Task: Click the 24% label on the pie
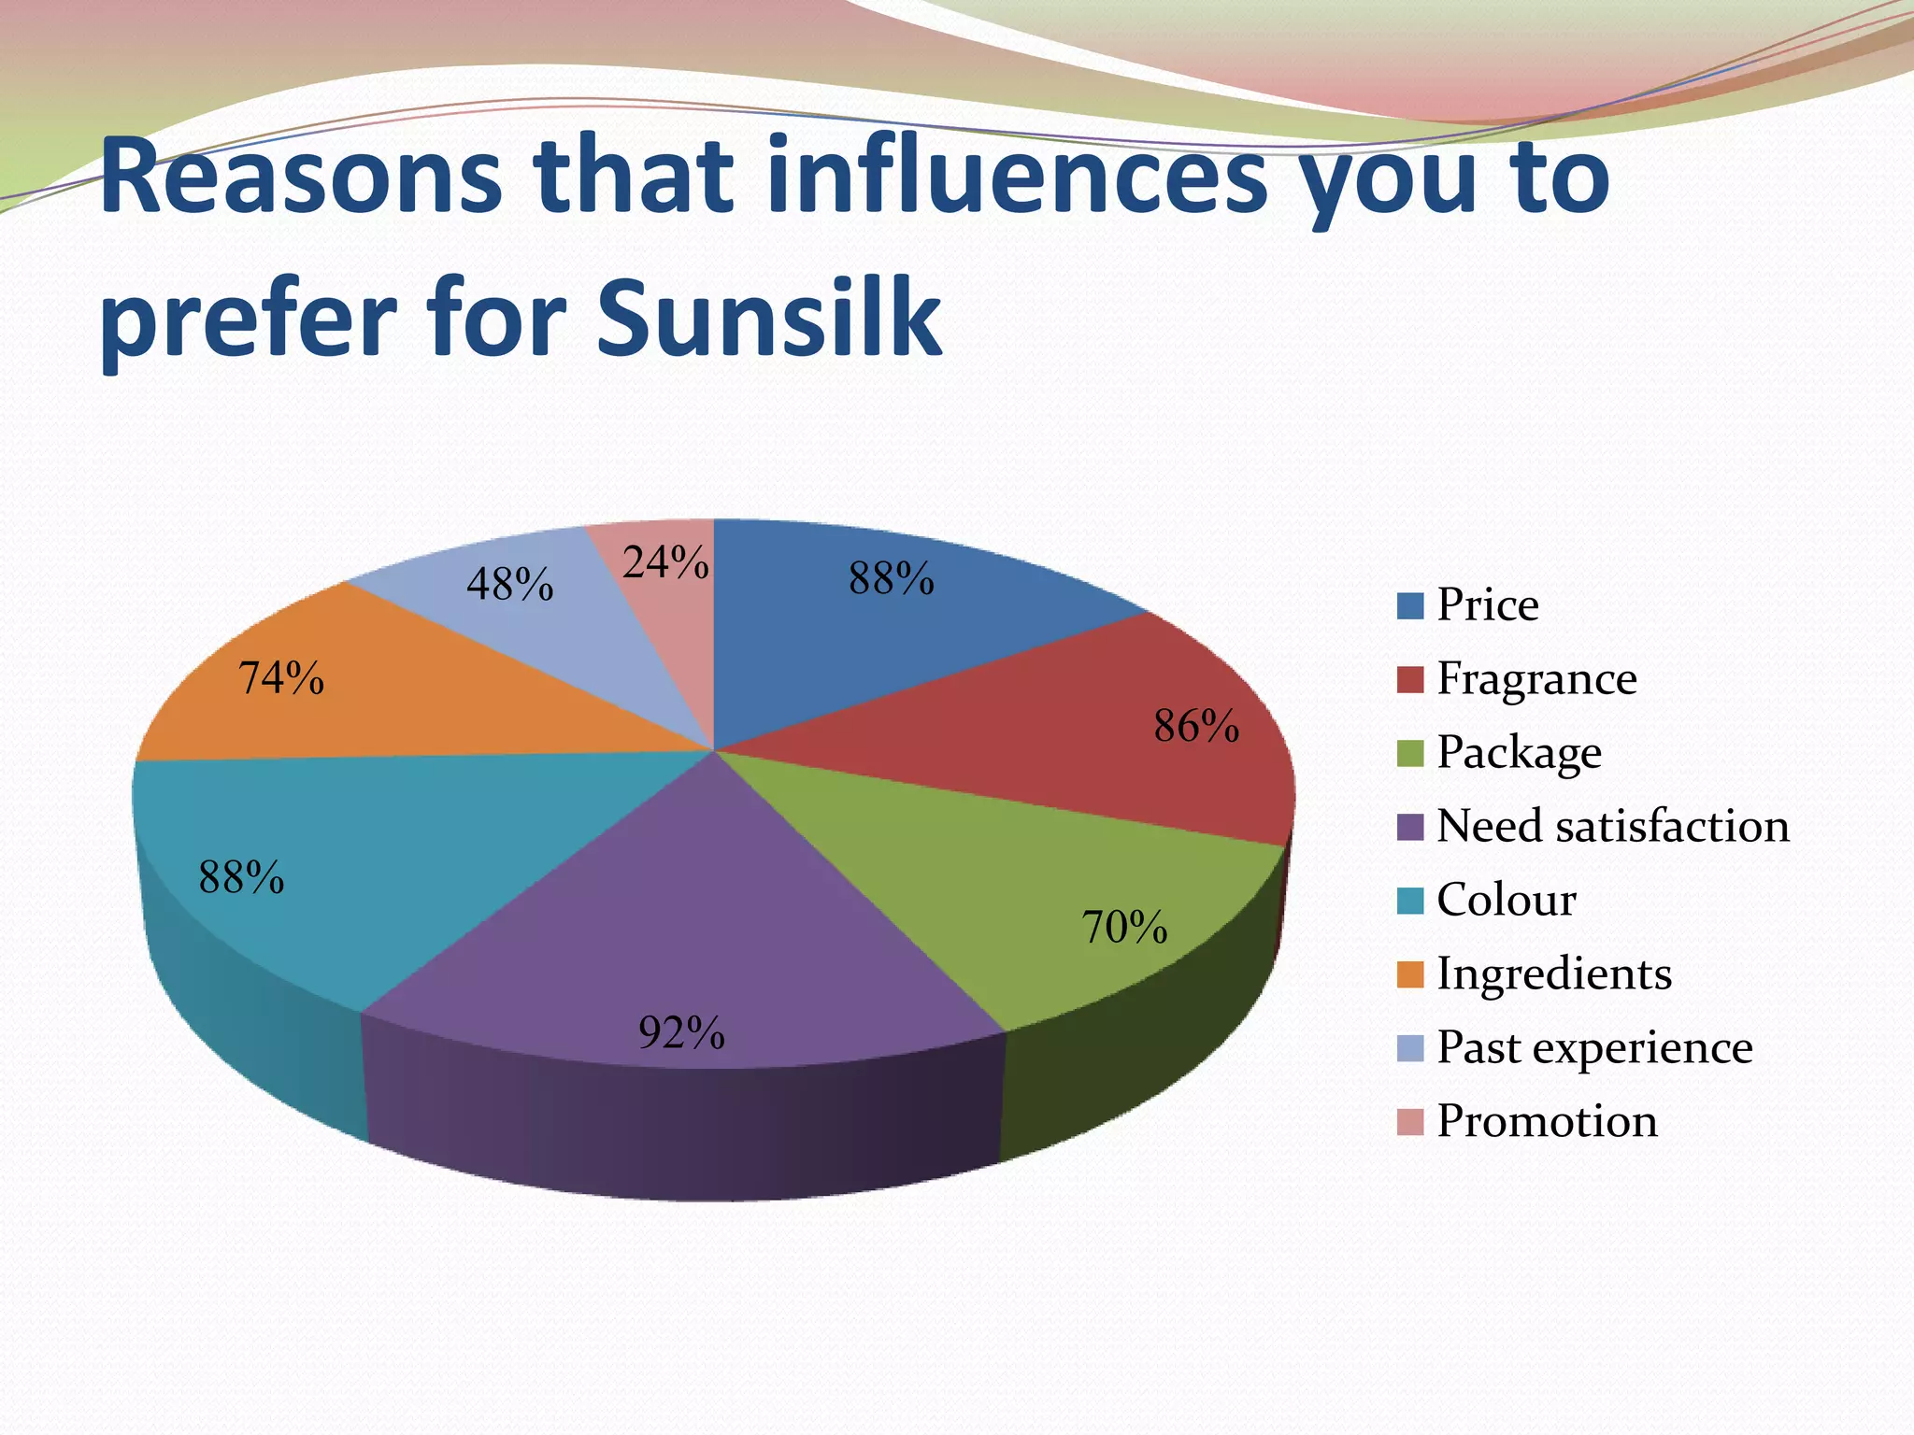665,562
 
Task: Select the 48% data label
510,585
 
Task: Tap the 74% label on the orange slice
281,678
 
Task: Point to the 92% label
681,1033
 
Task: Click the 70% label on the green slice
1124,928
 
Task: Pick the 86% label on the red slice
1196,726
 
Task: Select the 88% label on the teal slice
241,878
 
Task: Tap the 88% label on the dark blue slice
892,578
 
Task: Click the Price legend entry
1487,604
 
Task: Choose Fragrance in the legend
1536,678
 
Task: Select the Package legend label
1519,752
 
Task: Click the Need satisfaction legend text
1612,826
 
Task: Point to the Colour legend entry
1506,900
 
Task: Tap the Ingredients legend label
1553,973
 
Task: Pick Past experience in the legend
1593,1047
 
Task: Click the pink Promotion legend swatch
1409,1122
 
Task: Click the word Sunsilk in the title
768,318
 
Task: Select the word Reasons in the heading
301,178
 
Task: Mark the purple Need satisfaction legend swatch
1409,827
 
